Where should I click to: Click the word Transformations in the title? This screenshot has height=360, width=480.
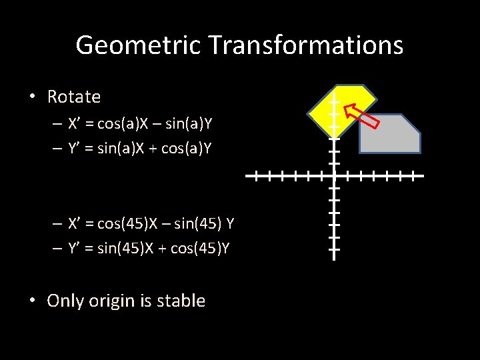[305, 45]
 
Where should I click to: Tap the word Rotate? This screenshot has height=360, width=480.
[74, 97]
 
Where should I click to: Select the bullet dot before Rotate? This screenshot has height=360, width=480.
[32, 97]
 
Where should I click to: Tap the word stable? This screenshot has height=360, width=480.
[181, 301]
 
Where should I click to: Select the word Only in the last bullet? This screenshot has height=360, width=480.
[64, 301]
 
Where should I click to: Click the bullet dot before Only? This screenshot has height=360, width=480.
[32, 301]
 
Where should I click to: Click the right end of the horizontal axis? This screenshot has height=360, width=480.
[422, 177]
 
